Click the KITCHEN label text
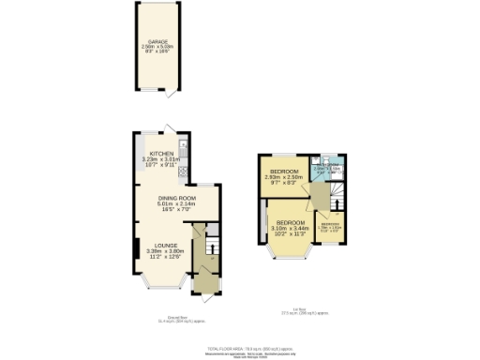161,153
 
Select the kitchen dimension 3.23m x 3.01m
161,159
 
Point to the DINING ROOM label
175,198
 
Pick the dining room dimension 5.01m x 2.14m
175,204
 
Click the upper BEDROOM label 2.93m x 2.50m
283,172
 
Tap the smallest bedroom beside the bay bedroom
331,227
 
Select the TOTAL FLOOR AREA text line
240,347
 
